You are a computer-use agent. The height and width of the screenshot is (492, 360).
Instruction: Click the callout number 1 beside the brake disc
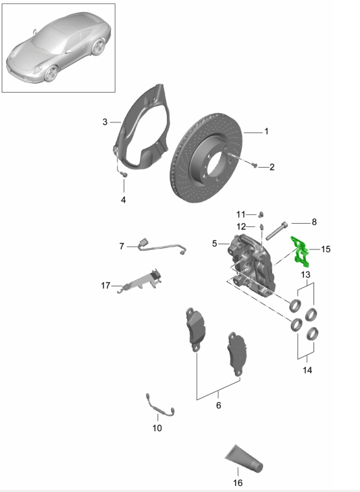(x=266, y=131)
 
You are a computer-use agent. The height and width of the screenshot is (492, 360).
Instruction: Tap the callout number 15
(x=326, y=249)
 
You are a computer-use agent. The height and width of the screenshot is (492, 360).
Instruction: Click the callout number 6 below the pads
(x=217, y=405)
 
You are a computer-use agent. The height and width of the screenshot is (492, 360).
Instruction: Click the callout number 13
(x=305, y=274)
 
